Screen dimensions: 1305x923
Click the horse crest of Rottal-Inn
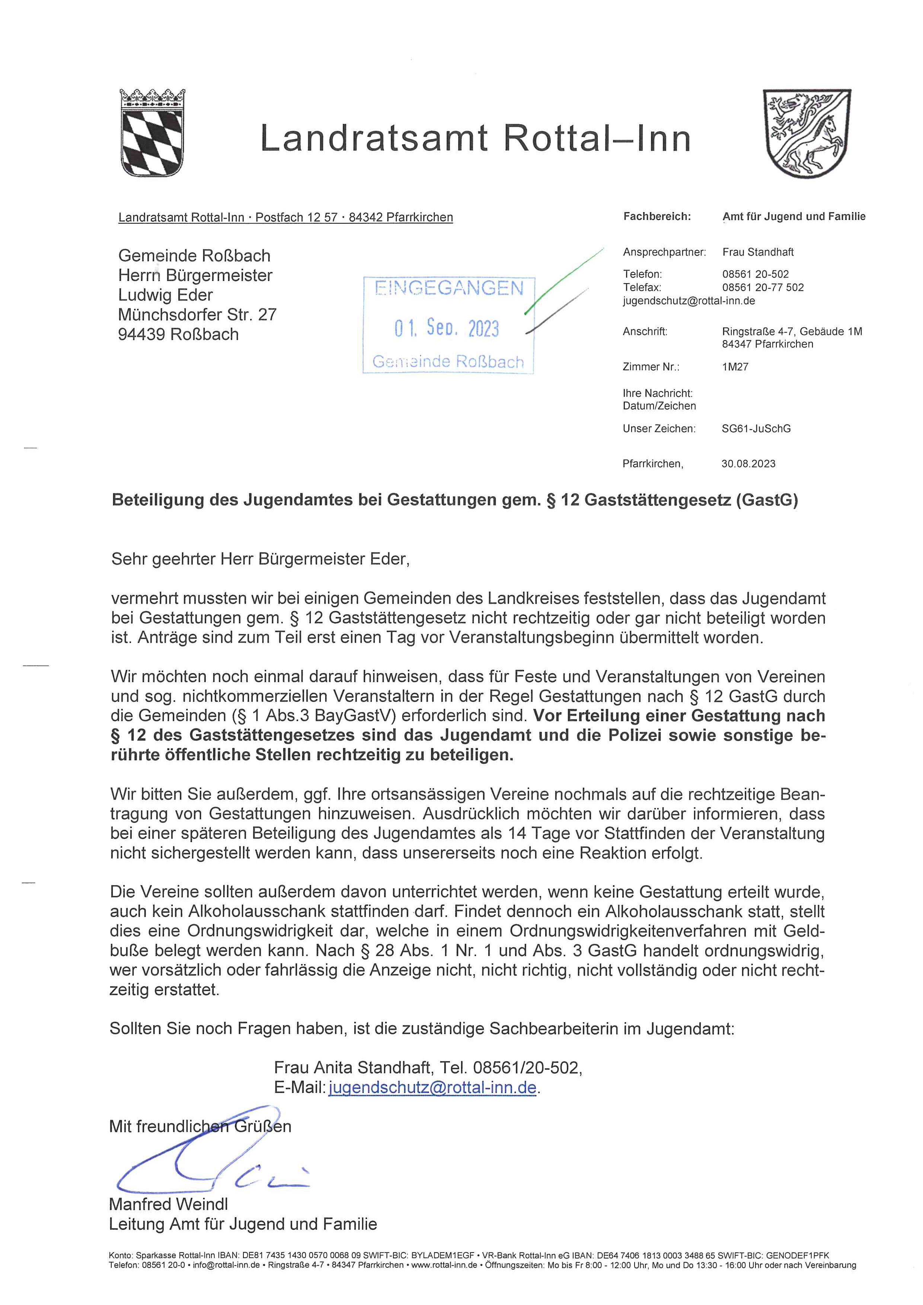tap(807, 134)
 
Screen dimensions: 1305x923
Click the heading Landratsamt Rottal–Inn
tap(475, 139)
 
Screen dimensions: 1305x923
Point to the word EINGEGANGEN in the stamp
tap(448, 288)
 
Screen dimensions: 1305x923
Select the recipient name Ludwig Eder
tap(165, 295)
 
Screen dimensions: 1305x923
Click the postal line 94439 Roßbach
tap(178, 334)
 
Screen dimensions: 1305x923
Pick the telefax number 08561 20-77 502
tap(763, 288)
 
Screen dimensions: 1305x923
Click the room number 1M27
tap(735, 367)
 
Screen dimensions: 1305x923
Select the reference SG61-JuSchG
tap(756, 429)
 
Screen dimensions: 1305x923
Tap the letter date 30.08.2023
tap(748, 464)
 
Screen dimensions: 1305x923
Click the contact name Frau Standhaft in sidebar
tap(758, 252)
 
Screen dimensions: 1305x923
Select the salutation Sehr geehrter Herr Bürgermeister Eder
tap(260, 559)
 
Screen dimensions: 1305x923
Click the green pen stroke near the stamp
tap(565, 280)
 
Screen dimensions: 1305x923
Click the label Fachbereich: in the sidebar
tap(657, 217)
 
